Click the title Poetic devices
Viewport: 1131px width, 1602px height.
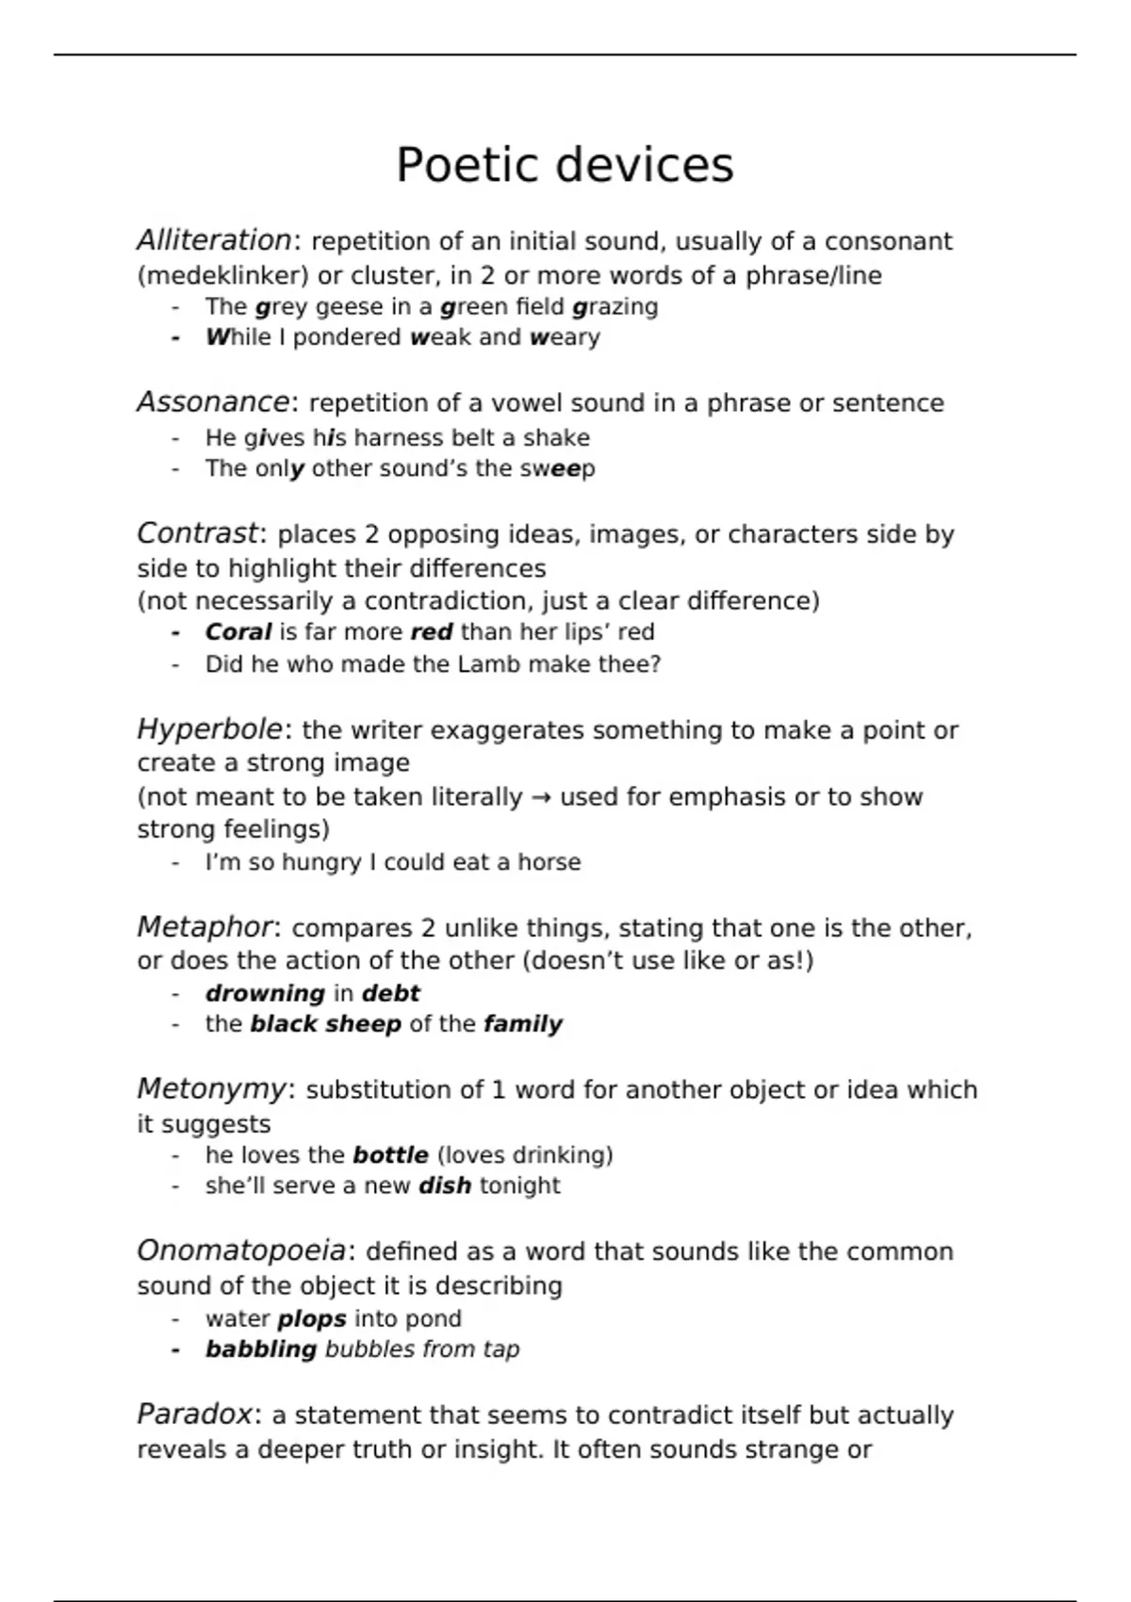click(564, 165)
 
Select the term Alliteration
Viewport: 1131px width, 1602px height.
click(214, 241)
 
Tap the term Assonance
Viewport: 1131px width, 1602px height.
click(213, 402)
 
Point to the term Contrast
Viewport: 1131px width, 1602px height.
click(197, 533)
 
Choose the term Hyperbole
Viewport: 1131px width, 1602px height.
click(209, 729)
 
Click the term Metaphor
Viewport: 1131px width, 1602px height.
click(205, 927)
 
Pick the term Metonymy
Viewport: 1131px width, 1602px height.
click(211, 1089)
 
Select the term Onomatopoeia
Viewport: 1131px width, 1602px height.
click(242, 1251)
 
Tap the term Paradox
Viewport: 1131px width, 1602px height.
click(195, 1414)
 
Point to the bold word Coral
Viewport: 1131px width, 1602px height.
click(238, 632)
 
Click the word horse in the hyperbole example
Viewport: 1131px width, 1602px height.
click(549, 862)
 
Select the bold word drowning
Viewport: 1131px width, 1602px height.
click(265, 993)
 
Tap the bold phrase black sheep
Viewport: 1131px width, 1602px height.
click(325, 1024)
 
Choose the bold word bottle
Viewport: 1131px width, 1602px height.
click(390, 1155)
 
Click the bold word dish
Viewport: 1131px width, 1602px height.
click(445, 1185)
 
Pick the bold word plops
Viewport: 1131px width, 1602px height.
click(312, 1319)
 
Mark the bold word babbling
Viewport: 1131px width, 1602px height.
click(261, 1349)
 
